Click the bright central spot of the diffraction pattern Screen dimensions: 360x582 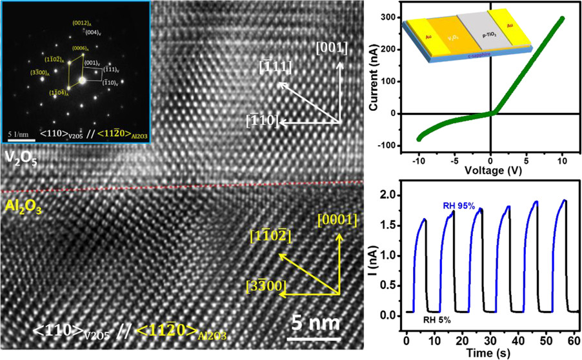(x=82, y=81)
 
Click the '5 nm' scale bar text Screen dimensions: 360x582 (x=312, y=322)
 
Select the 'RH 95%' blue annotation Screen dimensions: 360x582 (x=459, y=205)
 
